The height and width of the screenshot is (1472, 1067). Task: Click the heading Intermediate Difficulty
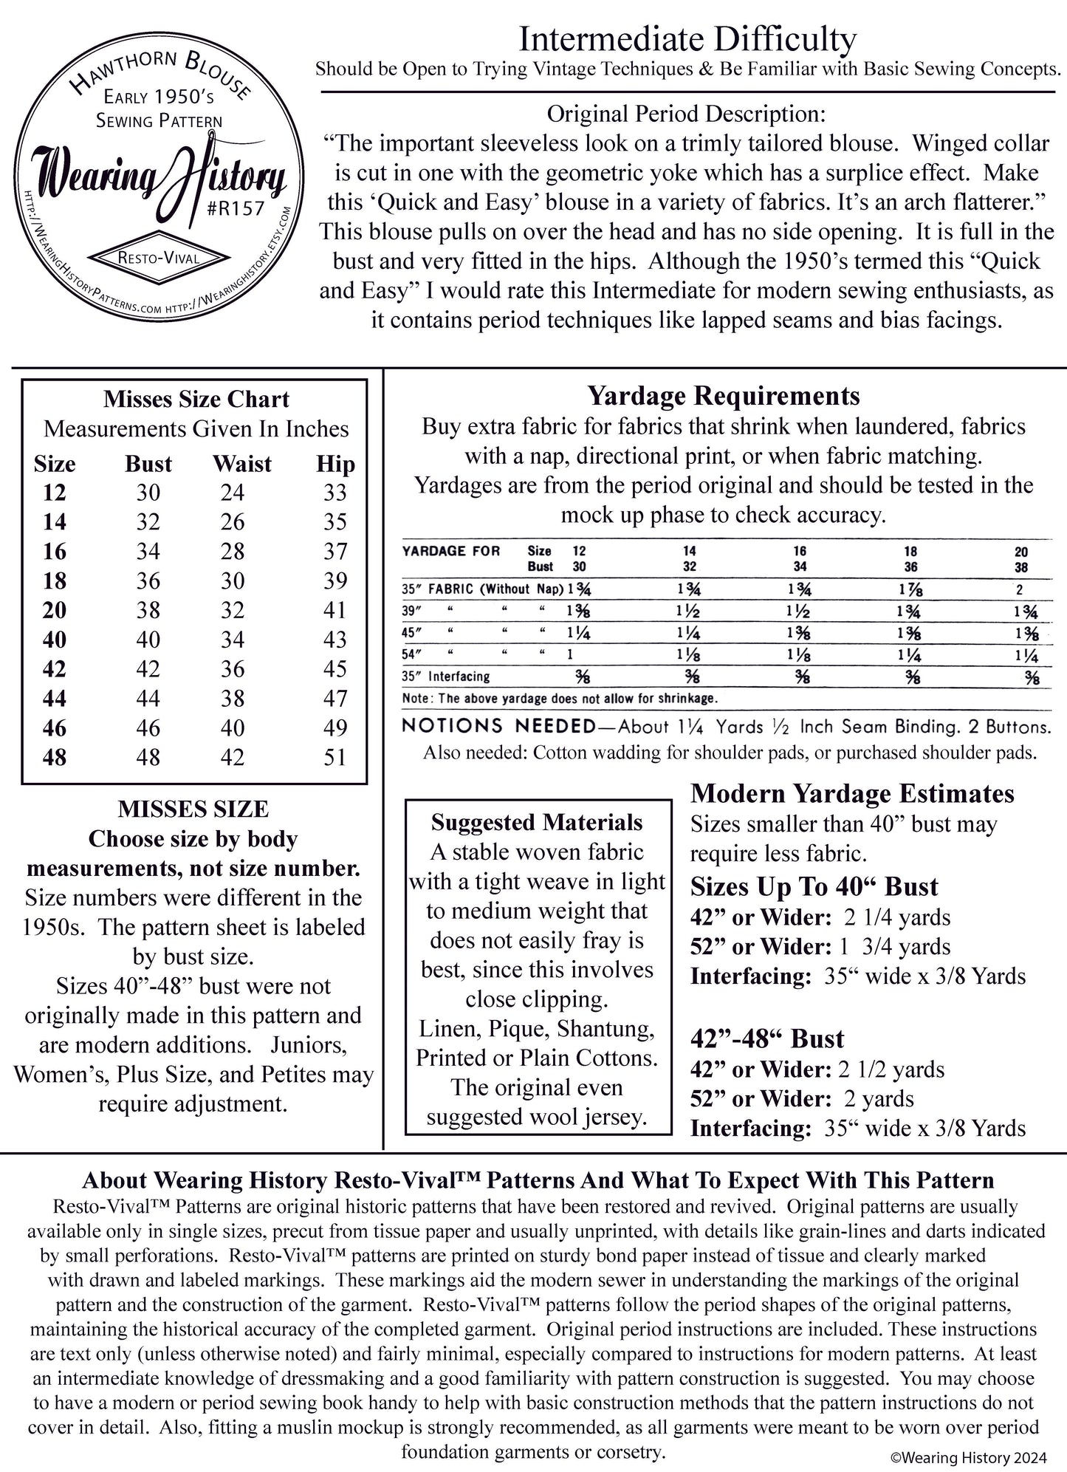pyautogui.click(x=687, y=38)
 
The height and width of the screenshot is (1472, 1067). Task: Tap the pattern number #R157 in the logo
pyautogui.click(x=236, y=208)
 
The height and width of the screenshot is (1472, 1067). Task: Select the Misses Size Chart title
pyautogui.click(x=196, y=400)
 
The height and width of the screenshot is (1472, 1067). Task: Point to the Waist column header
pyautogui.click(x=241, y=464)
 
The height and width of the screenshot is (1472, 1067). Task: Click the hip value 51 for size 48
pyautogui.click(x=334, y=757)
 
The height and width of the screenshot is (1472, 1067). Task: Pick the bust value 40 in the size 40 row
pyautogui.click(x=148, y=640)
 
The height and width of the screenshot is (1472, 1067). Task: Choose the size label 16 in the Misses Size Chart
pyautogui.click(x=54, y=551)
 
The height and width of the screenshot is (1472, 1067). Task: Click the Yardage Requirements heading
pyautogui.click(x=723, y=396)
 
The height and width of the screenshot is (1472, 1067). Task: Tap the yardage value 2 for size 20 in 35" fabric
pyautogui.click(x=1020, y=590)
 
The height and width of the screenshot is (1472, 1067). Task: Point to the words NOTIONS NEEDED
pyautogui.click(x=498, y=726)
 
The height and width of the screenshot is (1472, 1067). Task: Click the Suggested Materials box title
pyautogui.click(x=537, y=822)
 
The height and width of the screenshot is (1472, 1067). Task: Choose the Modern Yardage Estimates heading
pyautogui.click(x=852, y=793)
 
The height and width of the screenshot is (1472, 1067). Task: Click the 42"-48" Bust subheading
pyautogui.click(x=766, y=1038)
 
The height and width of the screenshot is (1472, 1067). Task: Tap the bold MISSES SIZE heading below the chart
pyautogui.click(x=193, y=809)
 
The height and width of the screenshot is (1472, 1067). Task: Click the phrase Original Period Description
pyautogui.click(x=686, y=114)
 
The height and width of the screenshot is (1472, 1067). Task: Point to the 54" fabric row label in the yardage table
pyautogui.click(x=411, y=654)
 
